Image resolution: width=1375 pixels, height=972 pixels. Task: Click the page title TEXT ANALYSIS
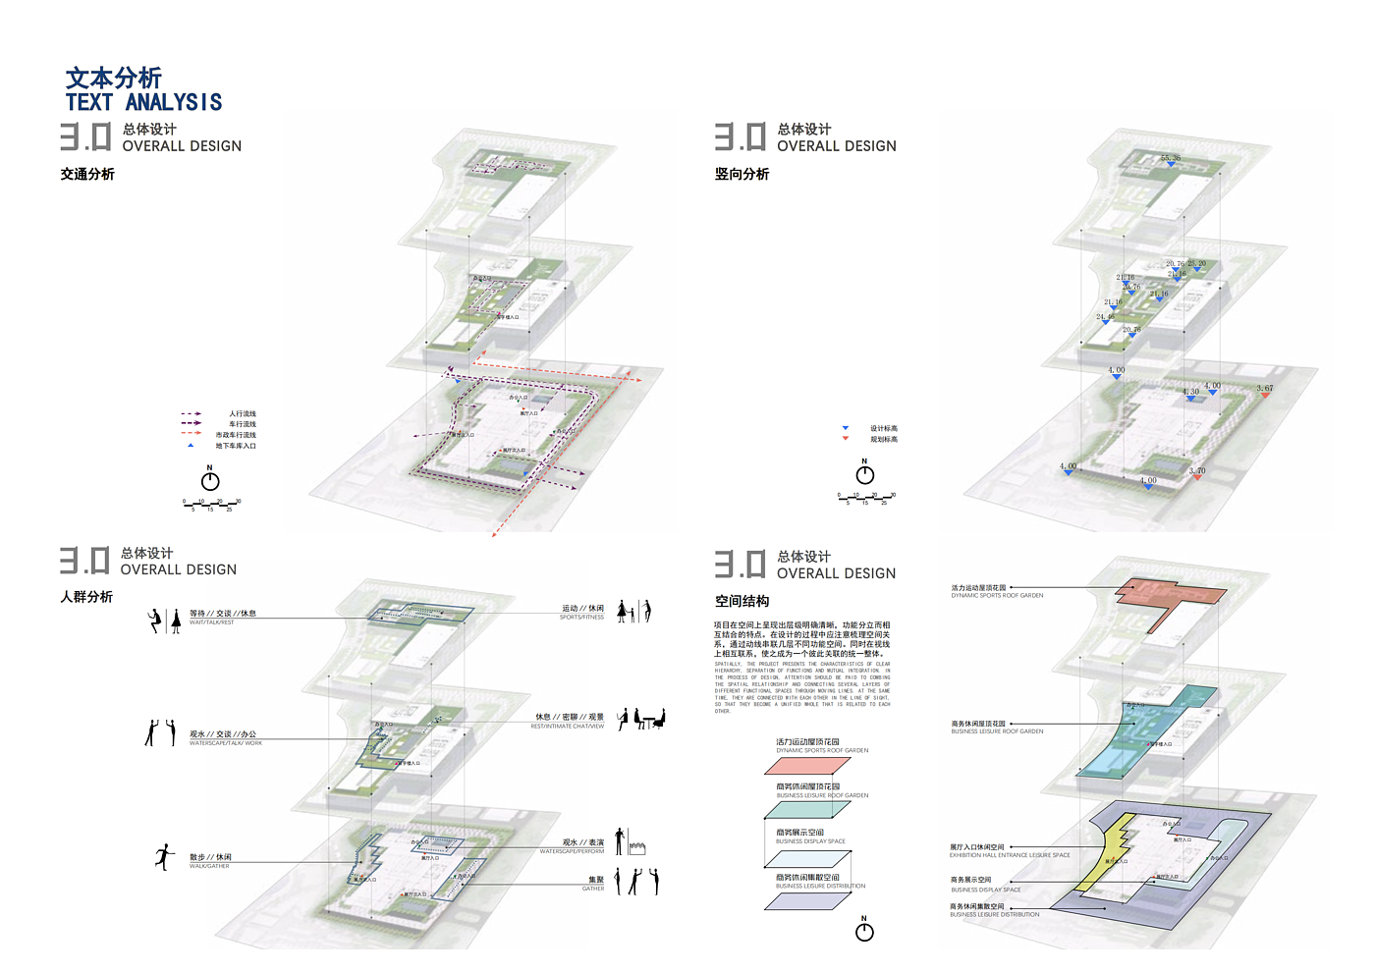143,102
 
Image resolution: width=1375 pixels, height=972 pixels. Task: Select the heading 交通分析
87,174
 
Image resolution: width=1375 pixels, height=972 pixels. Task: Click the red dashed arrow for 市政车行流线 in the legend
192,434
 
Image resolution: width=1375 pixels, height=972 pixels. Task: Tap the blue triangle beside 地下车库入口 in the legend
191,446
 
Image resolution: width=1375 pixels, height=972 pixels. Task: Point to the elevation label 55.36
1171,158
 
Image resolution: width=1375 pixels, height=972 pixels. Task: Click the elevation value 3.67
1265,389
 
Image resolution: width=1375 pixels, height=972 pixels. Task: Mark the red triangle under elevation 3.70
1197,478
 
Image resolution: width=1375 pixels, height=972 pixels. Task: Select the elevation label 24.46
1105,317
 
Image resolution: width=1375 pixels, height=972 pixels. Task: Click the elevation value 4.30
1190,392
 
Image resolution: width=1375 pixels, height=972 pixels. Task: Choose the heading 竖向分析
742,174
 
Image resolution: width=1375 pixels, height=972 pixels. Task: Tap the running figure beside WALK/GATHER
164,857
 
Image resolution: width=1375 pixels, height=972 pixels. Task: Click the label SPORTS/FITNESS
581,618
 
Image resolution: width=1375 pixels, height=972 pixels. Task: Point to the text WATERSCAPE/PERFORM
572,851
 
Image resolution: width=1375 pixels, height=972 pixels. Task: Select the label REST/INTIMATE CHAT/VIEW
568,727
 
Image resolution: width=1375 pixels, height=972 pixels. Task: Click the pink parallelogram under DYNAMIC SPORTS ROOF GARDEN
807,765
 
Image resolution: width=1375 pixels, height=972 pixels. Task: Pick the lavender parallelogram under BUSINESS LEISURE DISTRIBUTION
807,900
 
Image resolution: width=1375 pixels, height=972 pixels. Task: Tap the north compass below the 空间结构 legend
864,931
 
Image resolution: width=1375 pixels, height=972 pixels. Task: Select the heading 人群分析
86,597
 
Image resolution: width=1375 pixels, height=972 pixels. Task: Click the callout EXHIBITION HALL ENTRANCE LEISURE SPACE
1010,855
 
